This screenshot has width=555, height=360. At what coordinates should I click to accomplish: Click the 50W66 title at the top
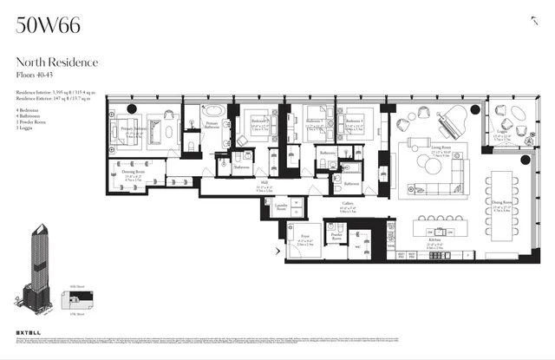pos(49,25)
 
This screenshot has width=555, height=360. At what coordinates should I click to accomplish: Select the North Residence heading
pos(57,62)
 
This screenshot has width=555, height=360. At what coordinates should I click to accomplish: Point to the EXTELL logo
pos(29,335)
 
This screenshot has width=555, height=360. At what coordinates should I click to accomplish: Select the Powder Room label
pos(336,234)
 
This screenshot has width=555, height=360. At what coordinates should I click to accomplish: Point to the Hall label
pos(264,185)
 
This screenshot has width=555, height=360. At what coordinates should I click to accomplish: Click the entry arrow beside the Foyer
pos(277,252)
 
